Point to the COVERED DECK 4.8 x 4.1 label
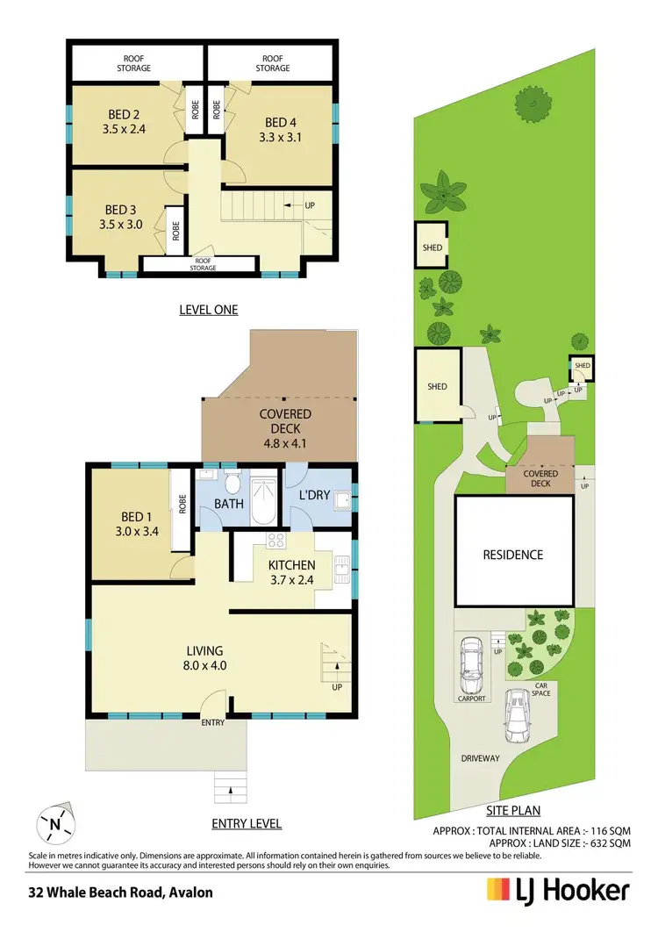click(x=284, y=422)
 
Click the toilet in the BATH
click(x=232, y=485)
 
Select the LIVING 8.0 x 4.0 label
click(x=204, y=657)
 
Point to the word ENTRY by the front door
click(x=213, y=722)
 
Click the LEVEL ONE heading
click(x=208, y=309)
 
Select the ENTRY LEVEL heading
click(x=246, y=823)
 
